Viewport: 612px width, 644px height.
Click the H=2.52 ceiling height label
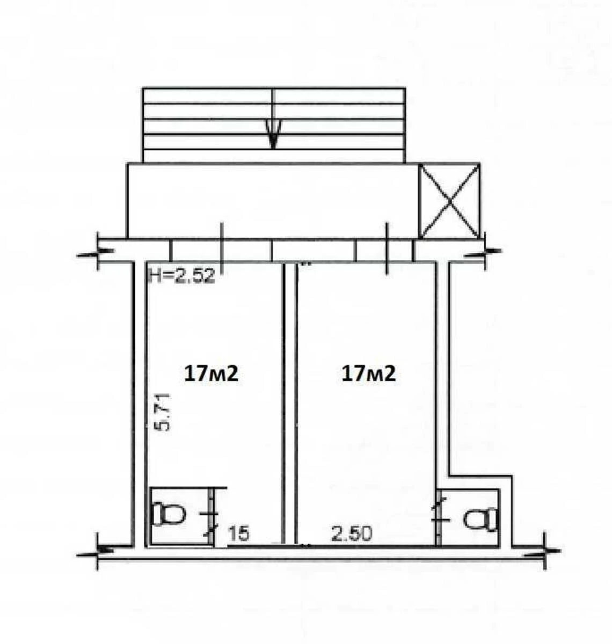coord(182,276)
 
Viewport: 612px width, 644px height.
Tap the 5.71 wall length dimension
coord(162,412)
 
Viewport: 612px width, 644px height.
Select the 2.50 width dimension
coord(352,533)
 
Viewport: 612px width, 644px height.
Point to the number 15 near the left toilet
coord(239,533)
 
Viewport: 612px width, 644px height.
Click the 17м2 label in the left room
coord(211,374)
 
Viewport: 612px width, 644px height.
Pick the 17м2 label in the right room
coord(368,374)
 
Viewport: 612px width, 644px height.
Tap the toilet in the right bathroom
coord(482,519)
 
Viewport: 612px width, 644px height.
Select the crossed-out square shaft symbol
coord(450,201)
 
